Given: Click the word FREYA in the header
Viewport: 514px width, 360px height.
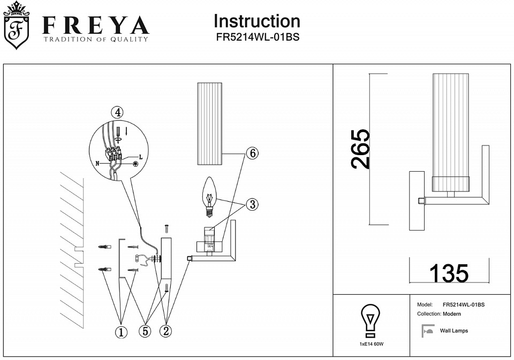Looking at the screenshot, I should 95,26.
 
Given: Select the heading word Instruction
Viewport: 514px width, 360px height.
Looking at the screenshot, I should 256,21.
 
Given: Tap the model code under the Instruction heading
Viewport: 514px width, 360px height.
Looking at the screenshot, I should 256,39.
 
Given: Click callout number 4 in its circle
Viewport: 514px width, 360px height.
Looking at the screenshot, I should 117,112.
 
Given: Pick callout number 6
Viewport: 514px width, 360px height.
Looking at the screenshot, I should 252,153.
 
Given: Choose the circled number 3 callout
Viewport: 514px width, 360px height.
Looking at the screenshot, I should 252,204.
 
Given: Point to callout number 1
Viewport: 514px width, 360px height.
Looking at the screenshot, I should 122,332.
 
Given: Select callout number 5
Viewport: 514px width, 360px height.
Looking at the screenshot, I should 145,331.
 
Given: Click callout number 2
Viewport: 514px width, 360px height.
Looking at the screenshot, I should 166,331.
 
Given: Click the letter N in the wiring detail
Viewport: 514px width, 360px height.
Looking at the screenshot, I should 97,162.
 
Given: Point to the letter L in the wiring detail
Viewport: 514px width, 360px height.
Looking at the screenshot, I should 140,157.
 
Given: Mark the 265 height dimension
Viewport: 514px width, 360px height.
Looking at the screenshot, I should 360,149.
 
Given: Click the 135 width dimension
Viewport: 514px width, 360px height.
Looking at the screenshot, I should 449,273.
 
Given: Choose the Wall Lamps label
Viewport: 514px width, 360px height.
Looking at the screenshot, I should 453,331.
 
